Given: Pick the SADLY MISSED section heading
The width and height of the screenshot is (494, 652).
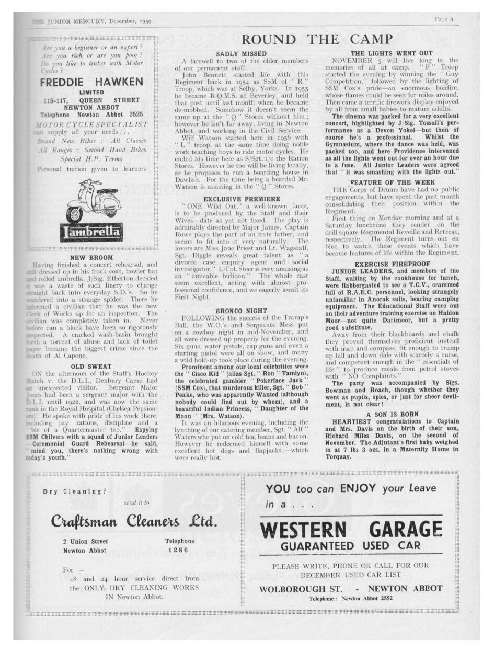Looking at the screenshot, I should tap(241, 54).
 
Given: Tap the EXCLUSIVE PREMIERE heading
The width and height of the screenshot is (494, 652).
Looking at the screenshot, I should tap(241, 199).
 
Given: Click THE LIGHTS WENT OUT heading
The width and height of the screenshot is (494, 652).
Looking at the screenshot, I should tap(392, 53).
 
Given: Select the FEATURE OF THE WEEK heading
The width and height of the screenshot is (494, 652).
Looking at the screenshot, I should tap(392, 182).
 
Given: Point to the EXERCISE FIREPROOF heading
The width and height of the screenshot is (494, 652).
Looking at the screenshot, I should tap(392, 265).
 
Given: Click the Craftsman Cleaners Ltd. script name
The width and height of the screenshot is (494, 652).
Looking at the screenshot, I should tap(134, 522).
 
